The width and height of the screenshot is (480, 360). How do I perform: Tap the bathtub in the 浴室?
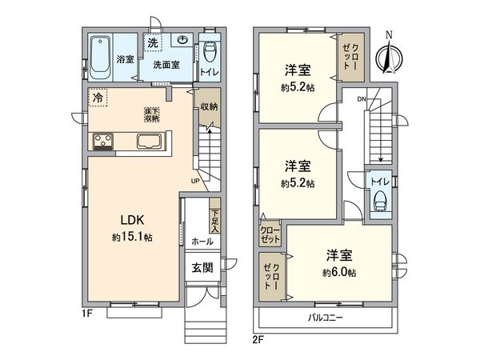click(101, 57)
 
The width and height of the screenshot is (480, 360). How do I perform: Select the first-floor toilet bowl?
click(210, 54)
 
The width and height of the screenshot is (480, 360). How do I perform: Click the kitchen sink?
click(151, 143)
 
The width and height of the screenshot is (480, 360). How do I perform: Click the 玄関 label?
click(202, 269)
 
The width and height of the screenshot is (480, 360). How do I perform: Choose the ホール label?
click(202, 240)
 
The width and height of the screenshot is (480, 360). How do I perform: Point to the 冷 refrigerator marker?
click(98, 97)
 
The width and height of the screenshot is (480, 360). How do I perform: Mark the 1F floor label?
click(88, 314)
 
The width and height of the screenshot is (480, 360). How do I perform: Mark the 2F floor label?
click(258, 338)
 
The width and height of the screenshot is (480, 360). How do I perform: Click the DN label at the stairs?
click(361, 99)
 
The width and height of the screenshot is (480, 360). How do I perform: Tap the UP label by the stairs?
click(196, 180)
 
